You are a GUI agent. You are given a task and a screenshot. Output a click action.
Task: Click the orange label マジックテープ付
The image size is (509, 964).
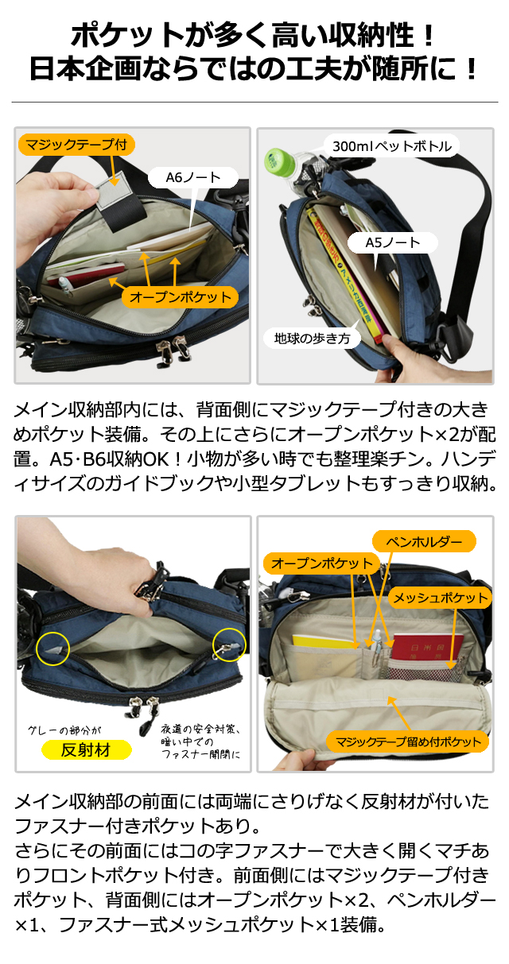76,145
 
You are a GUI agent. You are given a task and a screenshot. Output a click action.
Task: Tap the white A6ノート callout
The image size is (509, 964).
193,177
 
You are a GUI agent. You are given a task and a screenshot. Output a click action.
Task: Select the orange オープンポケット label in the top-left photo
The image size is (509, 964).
180,297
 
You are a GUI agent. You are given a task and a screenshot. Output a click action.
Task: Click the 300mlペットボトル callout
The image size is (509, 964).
391,146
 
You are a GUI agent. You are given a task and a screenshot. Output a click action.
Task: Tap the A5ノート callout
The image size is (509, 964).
393,242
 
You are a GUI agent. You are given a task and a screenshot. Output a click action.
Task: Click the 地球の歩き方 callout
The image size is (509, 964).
312,339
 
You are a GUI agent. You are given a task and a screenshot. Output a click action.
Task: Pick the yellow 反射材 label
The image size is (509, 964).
86,749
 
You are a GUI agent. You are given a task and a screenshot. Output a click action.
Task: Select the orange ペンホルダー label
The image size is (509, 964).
424,541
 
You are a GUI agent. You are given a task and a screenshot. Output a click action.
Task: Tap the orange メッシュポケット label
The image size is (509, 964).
440,598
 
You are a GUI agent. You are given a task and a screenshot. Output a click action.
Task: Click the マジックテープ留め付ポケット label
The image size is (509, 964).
408,741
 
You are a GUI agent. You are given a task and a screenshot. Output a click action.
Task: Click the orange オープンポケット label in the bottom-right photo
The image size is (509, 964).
321,563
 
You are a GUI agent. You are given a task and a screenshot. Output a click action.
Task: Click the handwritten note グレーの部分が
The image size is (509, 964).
64,730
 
